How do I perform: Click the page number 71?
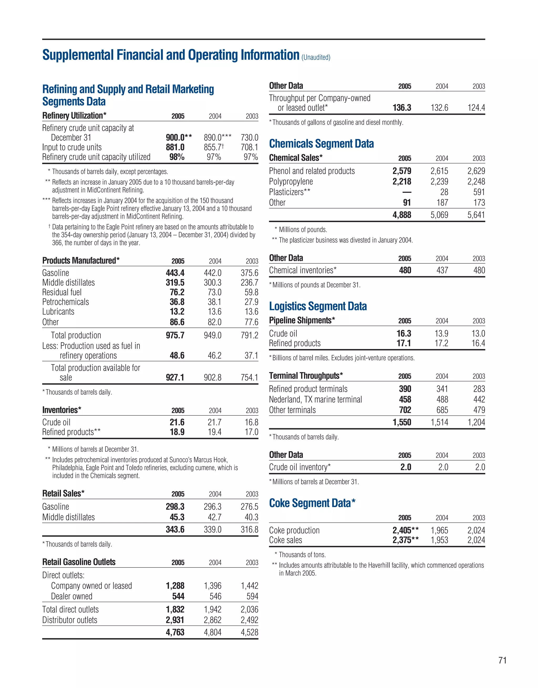pyautogui.click(x=502, y=660)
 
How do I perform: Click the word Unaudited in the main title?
pyautogui.click(x=316, y=57)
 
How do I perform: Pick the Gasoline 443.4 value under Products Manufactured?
pyautogui.click(x=175, y=273)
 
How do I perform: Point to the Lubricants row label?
pyautogui.click(x=58, y=311)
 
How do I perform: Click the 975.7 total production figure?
pyautogui.click(x=175, y=335)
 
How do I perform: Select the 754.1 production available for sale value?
pyautogui.click(x=249, y=377)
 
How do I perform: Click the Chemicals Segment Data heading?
pyautogui.click(x=321, y=144)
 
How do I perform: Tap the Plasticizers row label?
pyautogui.click(x=289, y=192)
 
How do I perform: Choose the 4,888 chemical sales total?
pyautogui.click(x=402, y=215)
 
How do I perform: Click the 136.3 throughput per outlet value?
pyautogui.click(x=402, y=108)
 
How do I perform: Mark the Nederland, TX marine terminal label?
pyautogui.click(x=315, y=399)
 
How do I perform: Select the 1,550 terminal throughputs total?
pyautogui.click(x=402, y=423)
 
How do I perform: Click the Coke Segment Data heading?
pyautogui.click(x=312, y=503)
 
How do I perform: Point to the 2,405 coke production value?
pyautogui.click(x=402, y=530)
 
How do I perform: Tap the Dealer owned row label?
pyautogui.click(x=71, y=596)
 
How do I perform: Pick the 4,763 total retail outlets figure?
pyautogui.click(x=175, y=632)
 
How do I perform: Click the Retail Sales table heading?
pyautogui.click(x=63, y=493)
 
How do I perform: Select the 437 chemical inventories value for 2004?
pyautogui.click(x=442, y=270)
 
